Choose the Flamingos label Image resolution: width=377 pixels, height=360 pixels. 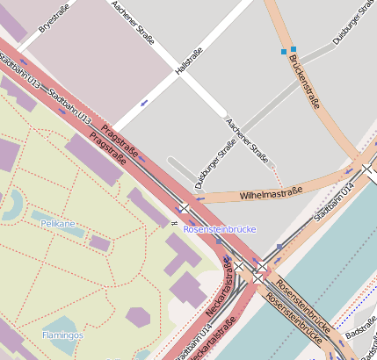coord(63,335)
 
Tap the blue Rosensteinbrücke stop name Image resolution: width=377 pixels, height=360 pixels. coord(220,228)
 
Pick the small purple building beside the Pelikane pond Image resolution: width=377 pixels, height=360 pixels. coord(99,242)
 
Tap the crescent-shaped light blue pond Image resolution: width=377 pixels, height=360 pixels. coord(12,205)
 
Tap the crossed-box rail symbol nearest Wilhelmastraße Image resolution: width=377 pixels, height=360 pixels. coord(184,208)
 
